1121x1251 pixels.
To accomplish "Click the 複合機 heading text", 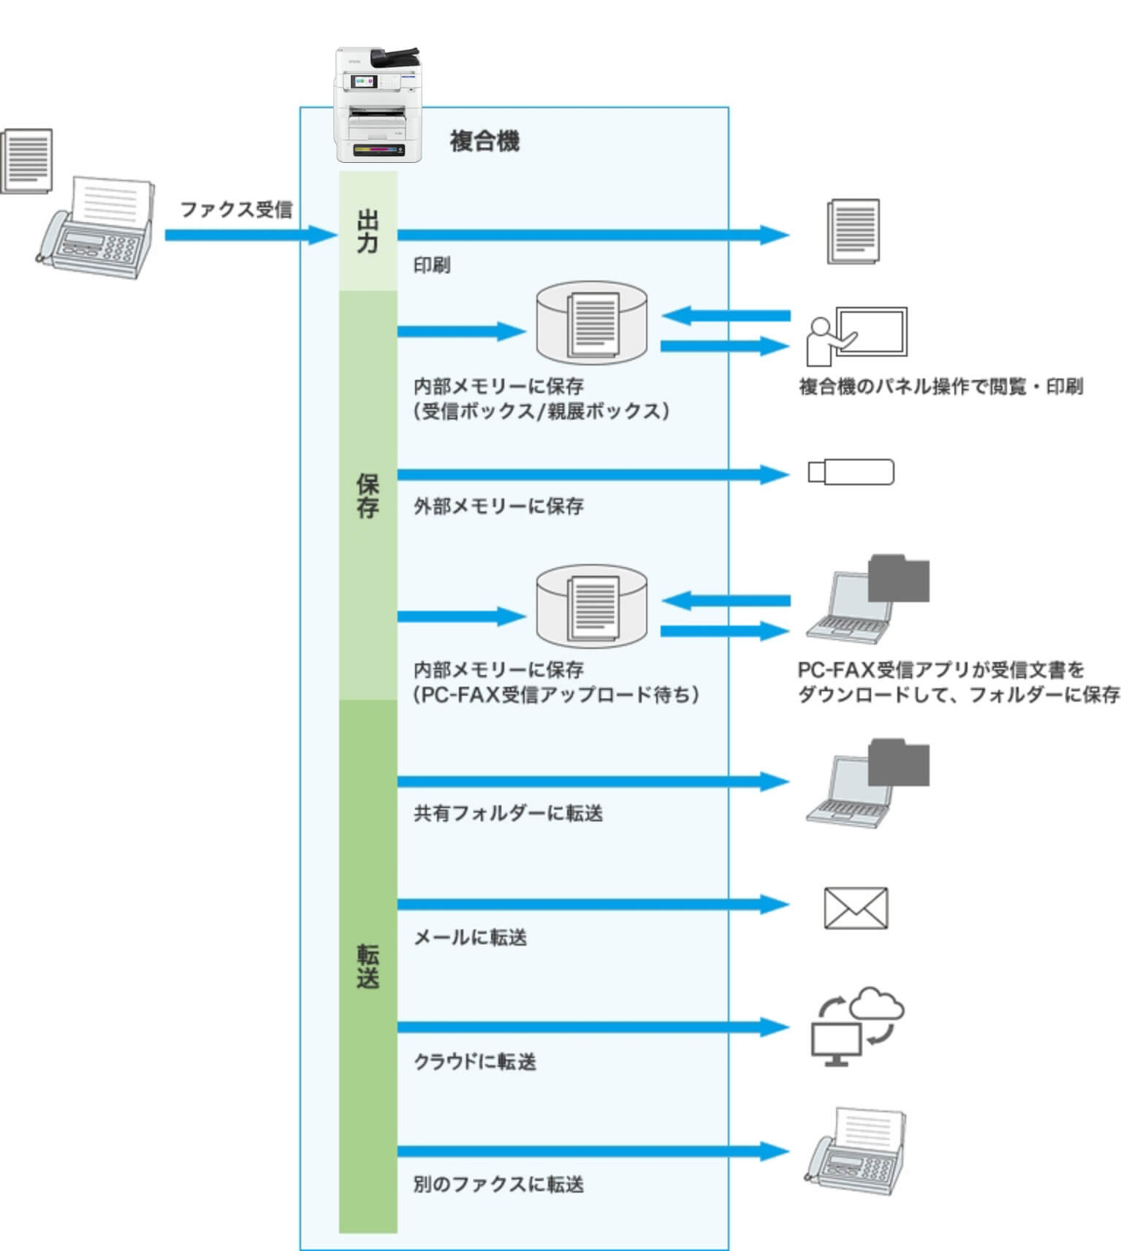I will [484, 141].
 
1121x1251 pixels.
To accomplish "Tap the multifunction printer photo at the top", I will [377, 104].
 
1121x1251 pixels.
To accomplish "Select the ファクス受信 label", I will [235, 210].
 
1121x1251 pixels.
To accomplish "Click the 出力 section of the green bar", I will [368, 231].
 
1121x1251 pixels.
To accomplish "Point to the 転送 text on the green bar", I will [368, 965].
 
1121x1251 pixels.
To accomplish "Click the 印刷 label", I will [432, 265].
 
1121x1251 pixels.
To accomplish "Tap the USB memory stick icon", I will [851, 472].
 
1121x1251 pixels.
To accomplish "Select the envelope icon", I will [856, 908].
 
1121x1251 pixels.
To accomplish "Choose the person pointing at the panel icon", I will [856, 336].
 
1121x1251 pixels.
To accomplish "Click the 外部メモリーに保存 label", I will [498, 506].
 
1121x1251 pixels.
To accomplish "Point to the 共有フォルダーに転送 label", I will [508, 813].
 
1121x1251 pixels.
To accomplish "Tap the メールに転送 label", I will [470, 937].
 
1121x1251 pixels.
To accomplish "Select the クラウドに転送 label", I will [475, 1061].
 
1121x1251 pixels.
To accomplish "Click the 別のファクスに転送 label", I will [498, 1184].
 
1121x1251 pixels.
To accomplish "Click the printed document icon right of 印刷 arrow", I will [853, 232].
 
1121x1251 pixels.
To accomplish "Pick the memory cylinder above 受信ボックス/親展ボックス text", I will [592, 323].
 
